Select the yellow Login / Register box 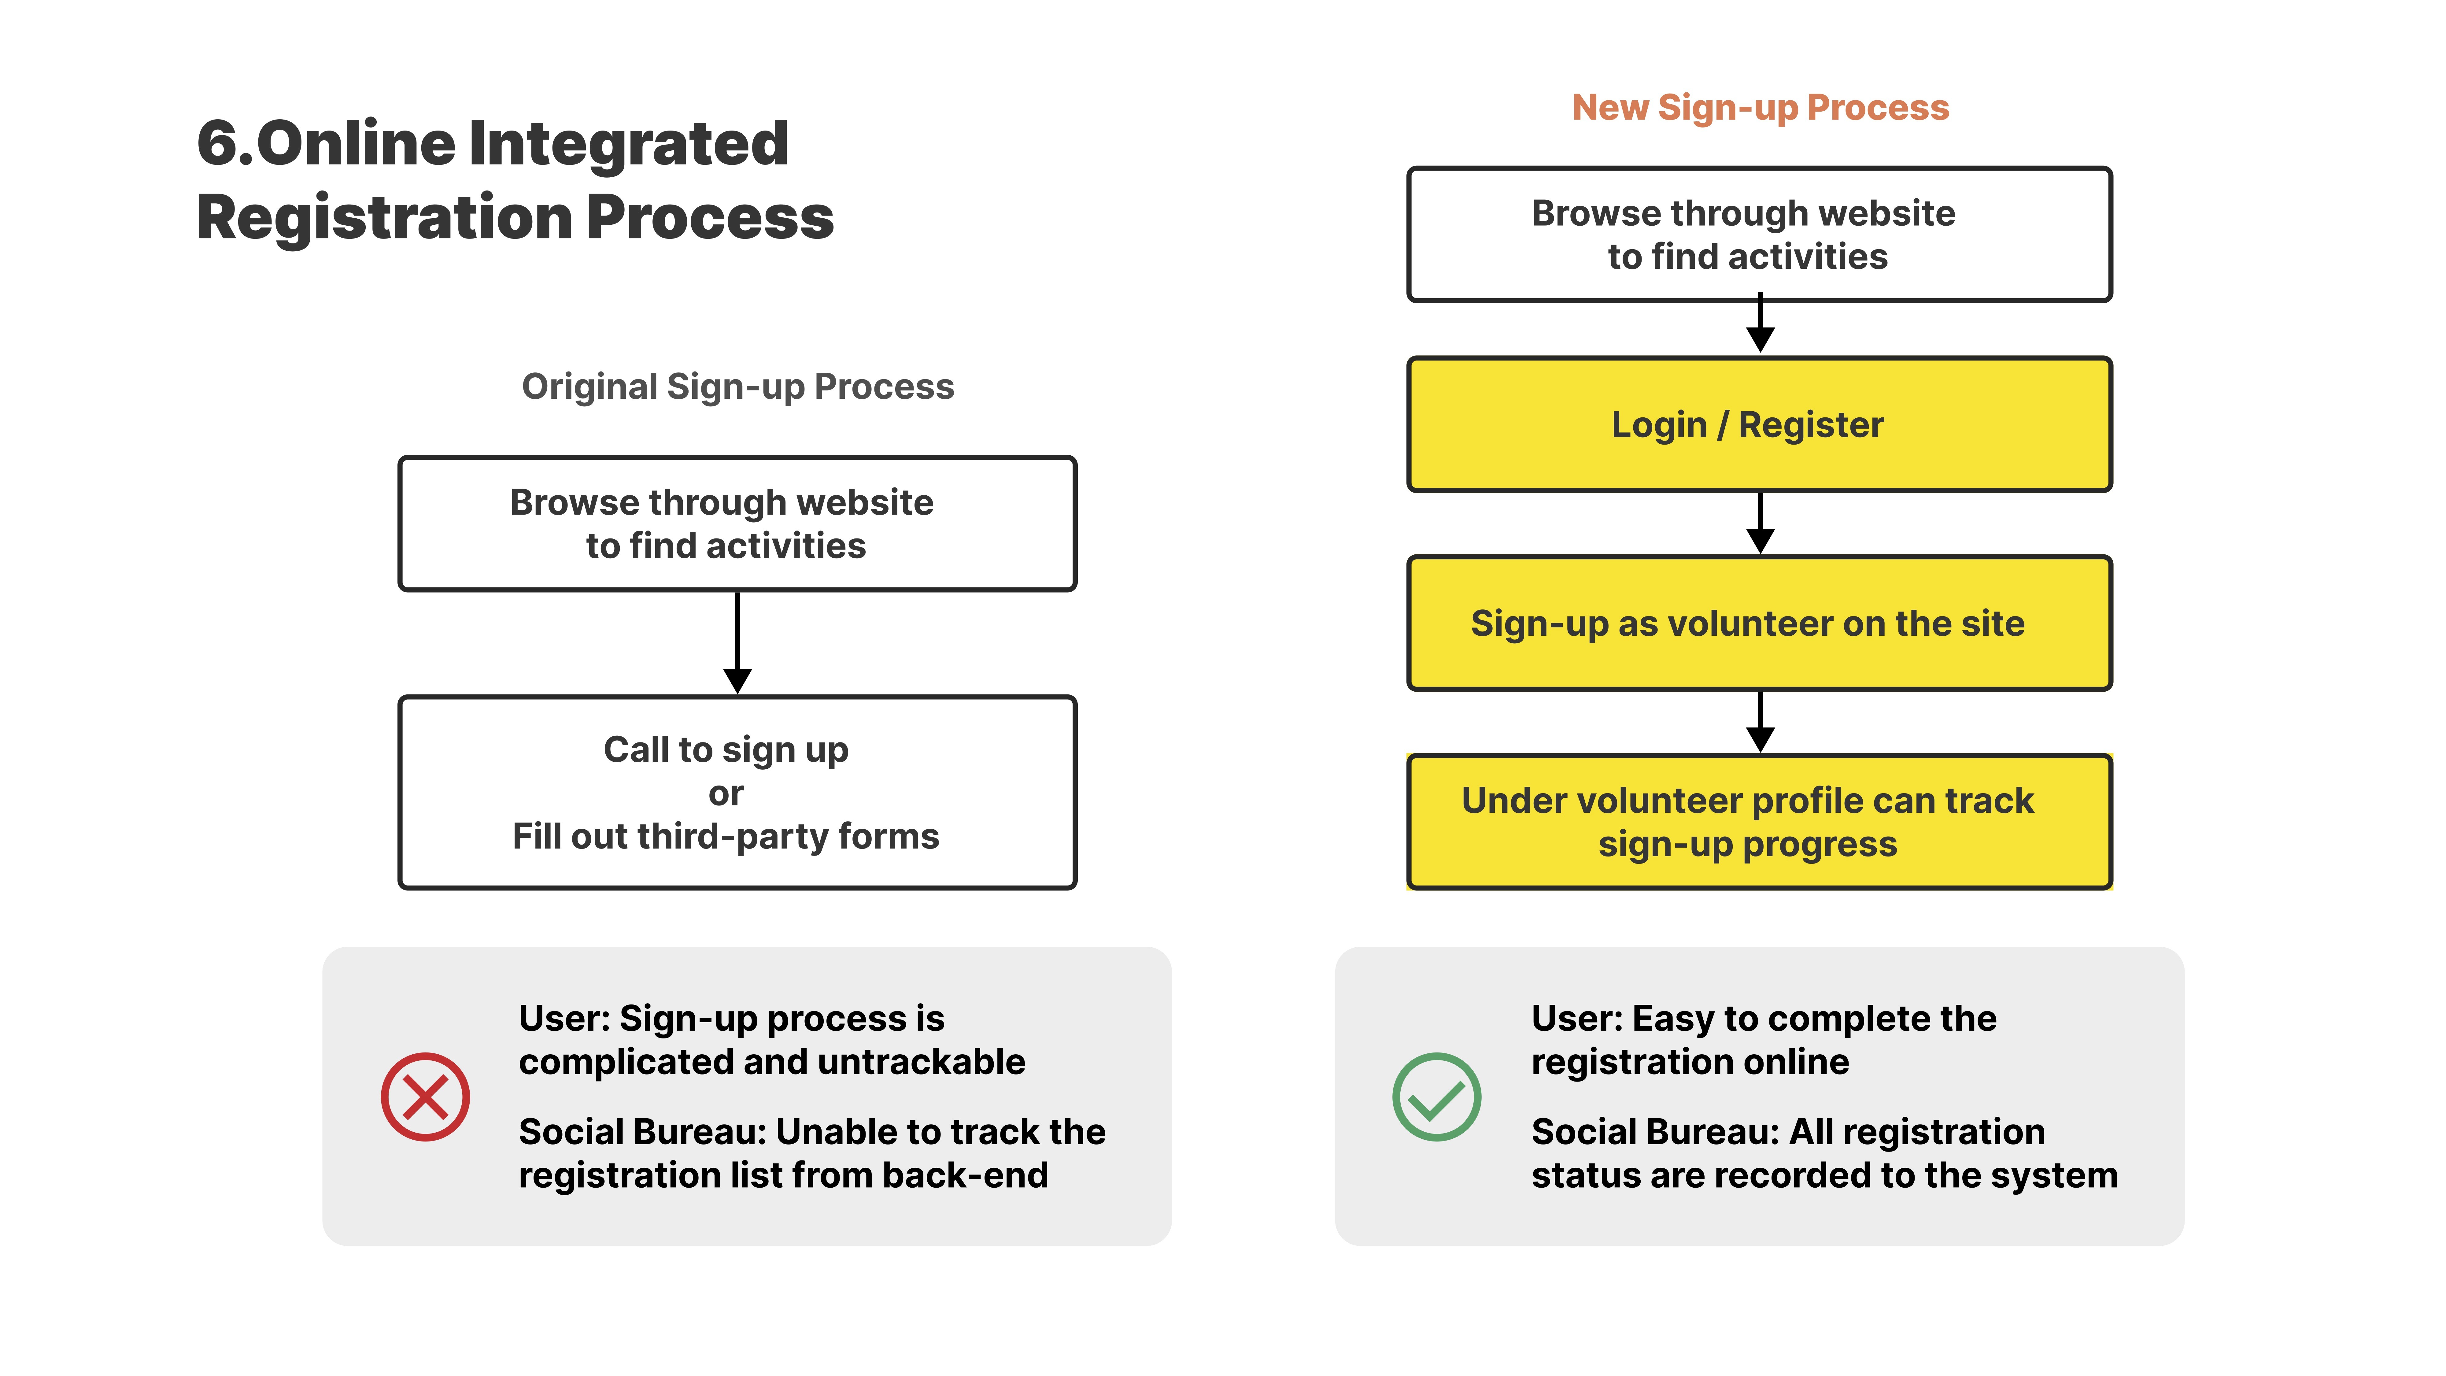click(1760, 424)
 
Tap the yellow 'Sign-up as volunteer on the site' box click(1760, 623)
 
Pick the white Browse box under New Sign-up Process click(1760, 235)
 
